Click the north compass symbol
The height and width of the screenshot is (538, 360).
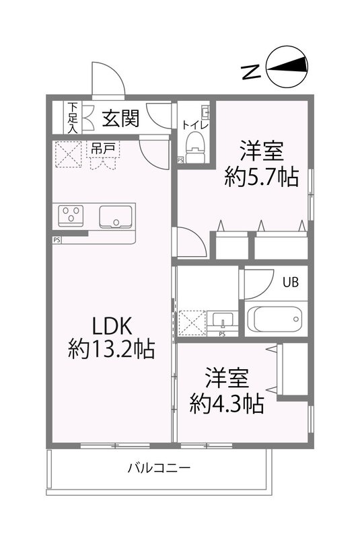click(289, 68)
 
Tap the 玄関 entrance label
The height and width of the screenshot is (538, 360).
click(121, 119)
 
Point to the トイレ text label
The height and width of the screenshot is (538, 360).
click(196, 124)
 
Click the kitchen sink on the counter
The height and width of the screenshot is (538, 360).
click(116, 217)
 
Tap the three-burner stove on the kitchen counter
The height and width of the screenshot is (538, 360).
click(70, 215)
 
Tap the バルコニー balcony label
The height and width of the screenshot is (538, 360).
click(159, 468)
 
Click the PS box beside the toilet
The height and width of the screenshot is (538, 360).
click(180, 160)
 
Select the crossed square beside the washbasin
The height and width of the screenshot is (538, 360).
click(192, 323)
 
